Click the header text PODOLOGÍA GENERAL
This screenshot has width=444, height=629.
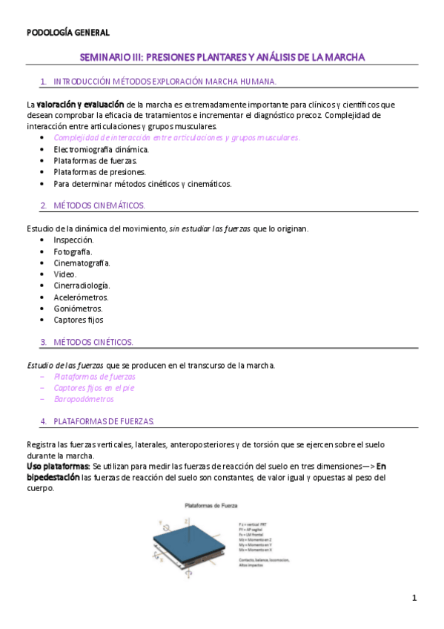[x=68, y=33]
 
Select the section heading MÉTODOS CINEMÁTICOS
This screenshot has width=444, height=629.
[x=99, y=205]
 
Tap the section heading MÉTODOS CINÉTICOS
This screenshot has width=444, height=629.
[x=93, y=342]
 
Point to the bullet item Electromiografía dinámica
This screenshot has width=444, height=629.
[x=101, y=149]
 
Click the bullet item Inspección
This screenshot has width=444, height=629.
[x=73, y=240]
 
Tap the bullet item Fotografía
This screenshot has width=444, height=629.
[x=73, y=251]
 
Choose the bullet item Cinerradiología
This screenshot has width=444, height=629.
[x=82, y=286]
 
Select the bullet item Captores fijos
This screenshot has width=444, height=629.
[x=78, y=320]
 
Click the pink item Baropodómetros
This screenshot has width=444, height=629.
[x=84, y=399]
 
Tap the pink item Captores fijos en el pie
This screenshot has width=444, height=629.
[x=94, y=388]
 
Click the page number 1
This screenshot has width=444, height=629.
[x=415, y=598]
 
